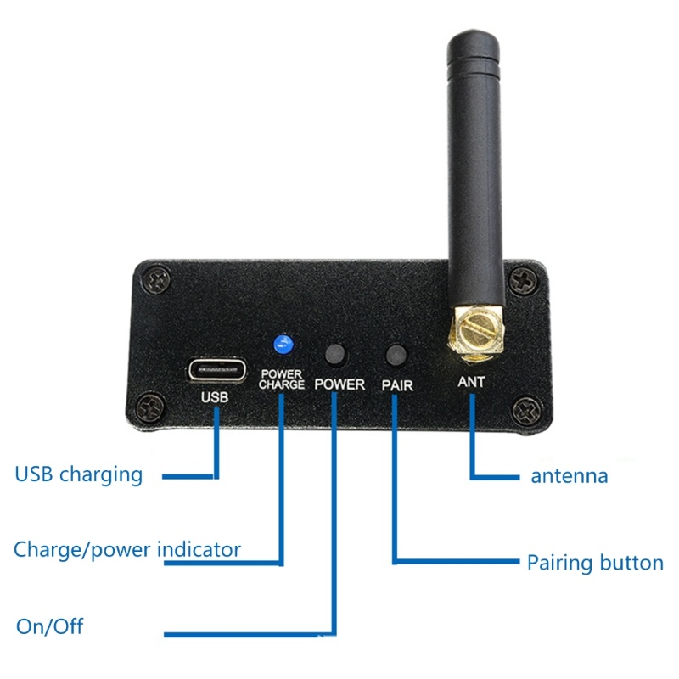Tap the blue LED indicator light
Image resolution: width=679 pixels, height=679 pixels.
coord(282,344)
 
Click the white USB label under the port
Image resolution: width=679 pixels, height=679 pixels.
coord(214,396)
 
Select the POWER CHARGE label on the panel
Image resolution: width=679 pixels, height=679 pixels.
coord(282,379)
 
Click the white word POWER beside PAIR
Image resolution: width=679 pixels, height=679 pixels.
coord(339,384)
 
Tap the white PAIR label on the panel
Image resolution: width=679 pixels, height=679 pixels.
coord(396,384)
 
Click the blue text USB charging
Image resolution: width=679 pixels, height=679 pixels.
coord(79,474)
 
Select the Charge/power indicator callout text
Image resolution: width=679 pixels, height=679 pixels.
coord(127,549)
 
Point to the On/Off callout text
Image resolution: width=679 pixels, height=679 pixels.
coord(50,627)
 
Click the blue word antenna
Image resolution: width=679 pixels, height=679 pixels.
coord(570,475)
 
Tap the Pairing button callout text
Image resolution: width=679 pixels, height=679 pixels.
coord(595,562)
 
